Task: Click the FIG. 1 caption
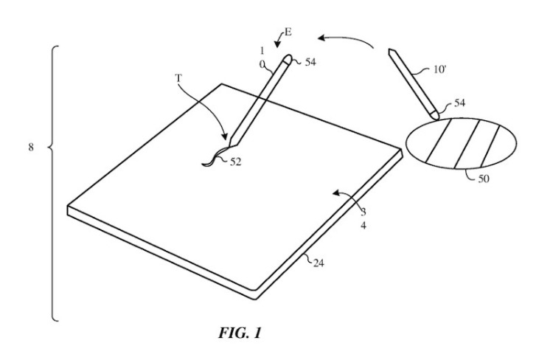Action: coord(240,333)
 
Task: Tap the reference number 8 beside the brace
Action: coord(31,147)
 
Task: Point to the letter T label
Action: coord(178,77)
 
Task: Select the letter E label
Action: coord(288,32)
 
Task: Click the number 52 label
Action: coord(236,162)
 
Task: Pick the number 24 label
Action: coord(319,263)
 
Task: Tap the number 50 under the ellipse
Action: coord(484,179)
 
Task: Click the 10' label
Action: coord(439,69)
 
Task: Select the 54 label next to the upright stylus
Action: coord(310,62)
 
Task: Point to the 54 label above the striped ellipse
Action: coord(459,103)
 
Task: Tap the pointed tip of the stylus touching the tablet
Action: coord(229,147)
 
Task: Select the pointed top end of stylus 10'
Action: coord(390,50)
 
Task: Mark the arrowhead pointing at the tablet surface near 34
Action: coord(336,193)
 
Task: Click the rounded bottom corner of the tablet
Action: coord(254,291)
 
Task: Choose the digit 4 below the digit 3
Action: coord(364,225)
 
